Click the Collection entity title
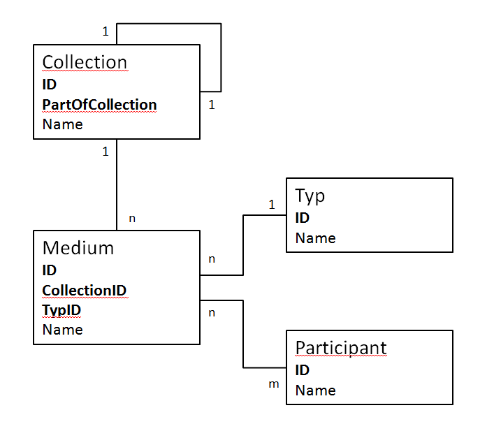pos(85,62)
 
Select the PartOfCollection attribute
pos(99,105)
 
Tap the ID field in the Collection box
pos(50,85)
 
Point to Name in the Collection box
pos(62,124)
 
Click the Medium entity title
pos(78,248)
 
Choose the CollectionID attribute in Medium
pos(84,291)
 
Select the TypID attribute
pos(61,310)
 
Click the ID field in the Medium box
pos(50,270)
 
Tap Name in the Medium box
pos(62,330)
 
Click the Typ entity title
pos(310,196)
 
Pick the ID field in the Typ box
pos(302,218)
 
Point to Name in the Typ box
pos(315,238)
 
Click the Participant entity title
pos(341,349)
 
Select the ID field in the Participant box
pos(302,370)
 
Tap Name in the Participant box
pos(315,390)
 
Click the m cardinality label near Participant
pos(274,384)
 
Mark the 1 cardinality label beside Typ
pos(272,205)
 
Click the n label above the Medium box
pos(132,218)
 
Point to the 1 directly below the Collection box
pos(106,152)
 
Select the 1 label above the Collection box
pos(106,31)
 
